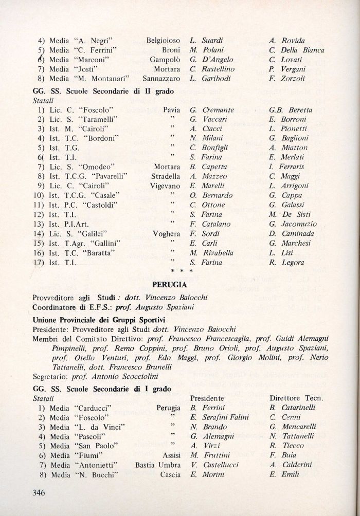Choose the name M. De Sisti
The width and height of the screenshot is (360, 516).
coord(291,214)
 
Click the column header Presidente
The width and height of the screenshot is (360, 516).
coord(207,398)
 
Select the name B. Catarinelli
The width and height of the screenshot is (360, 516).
coord(292,408)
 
